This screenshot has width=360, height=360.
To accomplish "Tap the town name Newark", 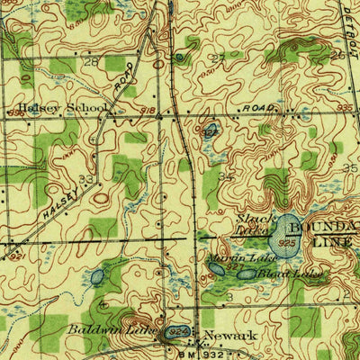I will pyautogui.click(x=221, y=336).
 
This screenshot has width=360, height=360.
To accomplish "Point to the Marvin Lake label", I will pyautogui.click(x=227, y=259).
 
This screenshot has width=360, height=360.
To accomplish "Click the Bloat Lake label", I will pyautogui.click(x=278, y=272).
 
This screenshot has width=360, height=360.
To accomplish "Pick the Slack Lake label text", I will pyautogui.click(x=253, y=223).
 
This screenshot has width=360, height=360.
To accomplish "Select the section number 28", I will pyautogui.click(x=90, y=62).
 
